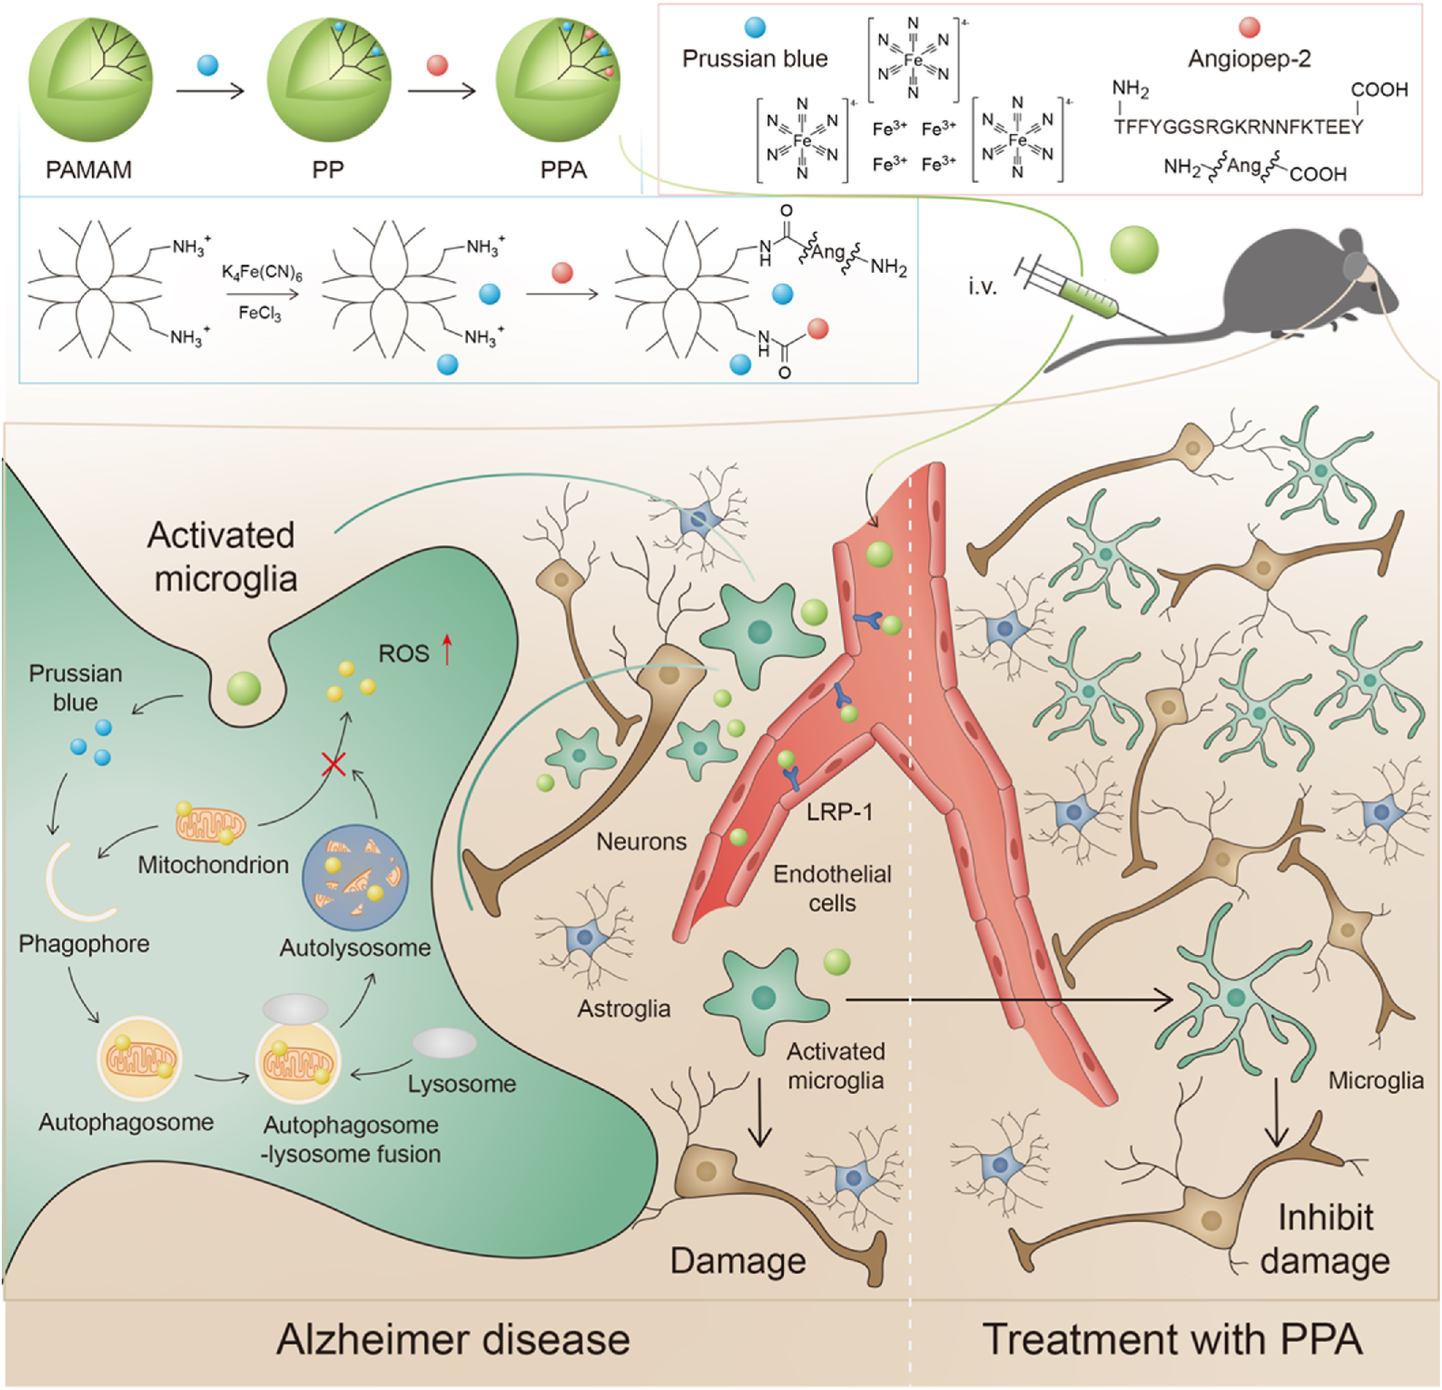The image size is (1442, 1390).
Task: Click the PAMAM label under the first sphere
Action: tap(89, 170)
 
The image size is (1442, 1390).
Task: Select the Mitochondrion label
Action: tap(214, 865)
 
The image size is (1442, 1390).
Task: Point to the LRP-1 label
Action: tap(840, 811)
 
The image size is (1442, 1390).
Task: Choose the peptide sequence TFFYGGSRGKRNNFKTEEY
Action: tap(1238, 127)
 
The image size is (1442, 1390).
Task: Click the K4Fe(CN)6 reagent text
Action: tap(262, 274)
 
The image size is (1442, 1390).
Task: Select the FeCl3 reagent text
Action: tap(260, 314)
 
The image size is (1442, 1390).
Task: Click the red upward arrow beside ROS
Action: tap(446, 651)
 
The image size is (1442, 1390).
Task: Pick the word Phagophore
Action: tap(84, 943)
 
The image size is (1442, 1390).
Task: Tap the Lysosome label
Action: tap(462, 1084)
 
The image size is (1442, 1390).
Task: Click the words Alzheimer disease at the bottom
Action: tap(453, 1339)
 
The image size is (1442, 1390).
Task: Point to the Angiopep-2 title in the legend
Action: tap(1249, 59)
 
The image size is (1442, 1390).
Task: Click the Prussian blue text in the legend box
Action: tap(755, 59)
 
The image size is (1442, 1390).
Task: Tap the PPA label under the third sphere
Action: tap(564, 170)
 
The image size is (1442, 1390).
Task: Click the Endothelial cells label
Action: tap(832, 888)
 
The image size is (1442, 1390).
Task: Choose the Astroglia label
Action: tap(624, 1008)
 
